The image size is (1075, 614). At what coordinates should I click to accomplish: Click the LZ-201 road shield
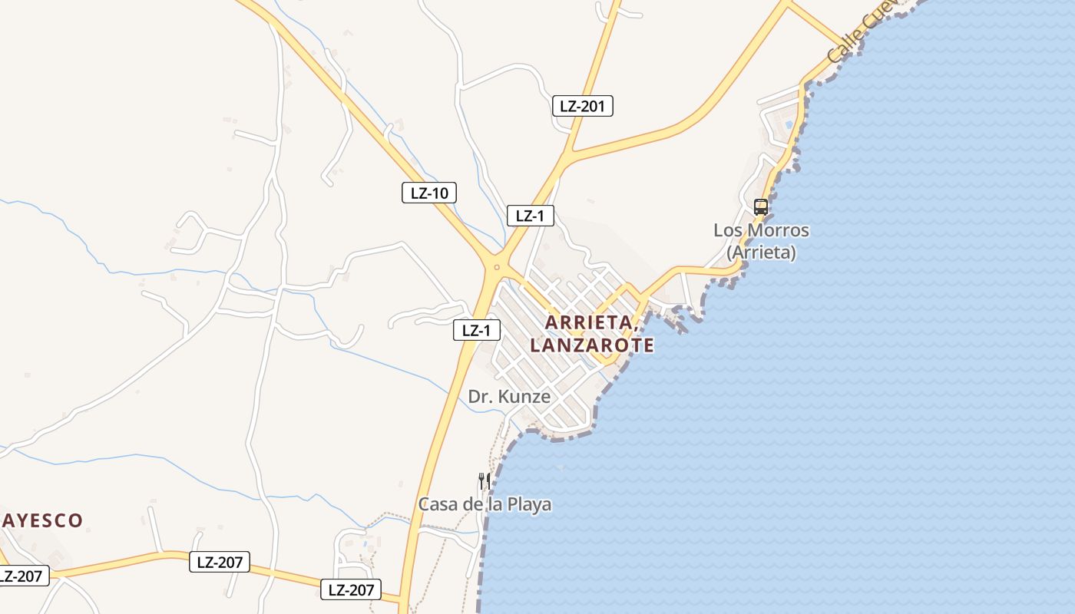[582, 106]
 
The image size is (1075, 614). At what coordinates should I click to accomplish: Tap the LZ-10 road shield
[428, 193]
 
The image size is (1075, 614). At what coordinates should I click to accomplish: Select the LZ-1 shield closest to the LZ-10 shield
[530, 216]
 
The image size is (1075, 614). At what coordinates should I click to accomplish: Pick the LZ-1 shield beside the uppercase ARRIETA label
[476, 331]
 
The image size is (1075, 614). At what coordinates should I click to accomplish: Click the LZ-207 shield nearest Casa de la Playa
[350, 589]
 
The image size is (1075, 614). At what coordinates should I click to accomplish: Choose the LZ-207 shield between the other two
[220, 562]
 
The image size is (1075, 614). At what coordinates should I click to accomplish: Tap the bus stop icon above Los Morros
[760, 206]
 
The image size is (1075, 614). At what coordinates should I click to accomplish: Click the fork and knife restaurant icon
[484, 481]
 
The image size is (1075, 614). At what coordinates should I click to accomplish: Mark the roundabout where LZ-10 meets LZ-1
[497, 267]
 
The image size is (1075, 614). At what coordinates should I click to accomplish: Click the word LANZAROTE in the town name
[591, 345]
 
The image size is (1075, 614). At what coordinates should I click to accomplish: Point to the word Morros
[783, 230]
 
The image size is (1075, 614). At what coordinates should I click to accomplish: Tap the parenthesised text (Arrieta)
[761, 252]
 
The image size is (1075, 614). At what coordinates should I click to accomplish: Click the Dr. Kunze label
[509, 397]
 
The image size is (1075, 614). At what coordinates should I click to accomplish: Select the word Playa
[529, 504]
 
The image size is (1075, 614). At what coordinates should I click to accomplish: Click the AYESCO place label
[41, 520]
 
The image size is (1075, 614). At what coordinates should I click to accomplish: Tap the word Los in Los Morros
[729, 230]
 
